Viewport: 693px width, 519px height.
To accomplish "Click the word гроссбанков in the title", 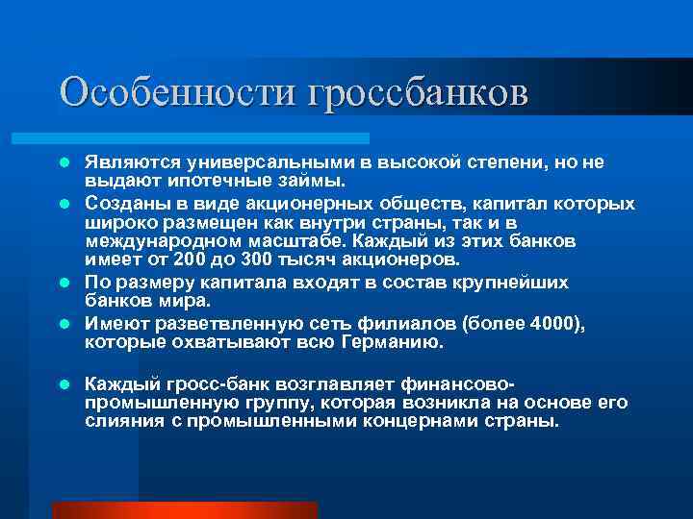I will point(419,92).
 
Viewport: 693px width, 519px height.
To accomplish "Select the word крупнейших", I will point(511,284).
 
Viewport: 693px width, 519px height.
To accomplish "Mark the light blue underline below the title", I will point(212,138).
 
